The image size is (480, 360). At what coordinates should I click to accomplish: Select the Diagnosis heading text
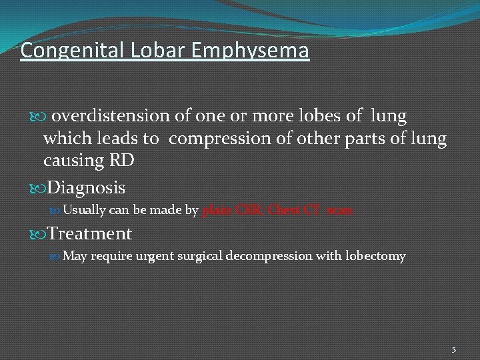[x=86, y=188]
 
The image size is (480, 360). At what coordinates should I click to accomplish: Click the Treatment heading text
[x=90, y=233]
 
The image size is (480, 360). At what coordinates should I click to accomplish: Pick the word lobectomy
[x=375, y=257]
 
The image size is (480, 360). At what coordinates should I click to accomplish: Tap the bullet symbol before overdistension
[x=39, y=117]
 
